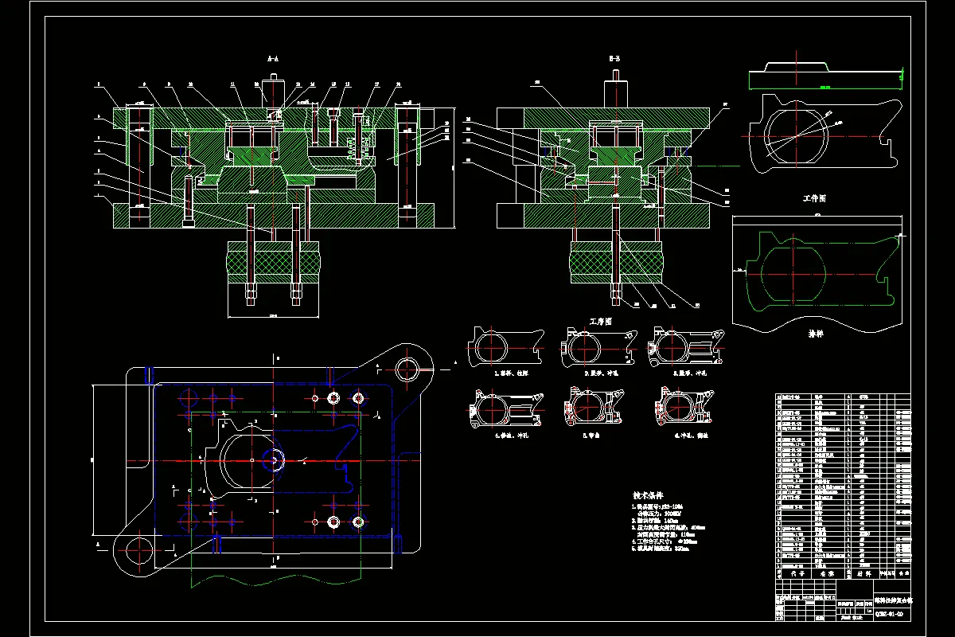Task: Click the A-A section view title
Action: [272, 59]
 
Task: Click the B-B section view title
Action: [614, 59]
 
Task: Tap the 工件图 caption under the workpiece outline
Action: [816, 198]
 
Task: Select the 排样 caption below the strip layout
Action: [816, 333]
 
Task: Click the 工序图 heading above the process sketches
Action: [600, 322]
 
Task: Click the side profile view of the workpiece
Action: [824, 78]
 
